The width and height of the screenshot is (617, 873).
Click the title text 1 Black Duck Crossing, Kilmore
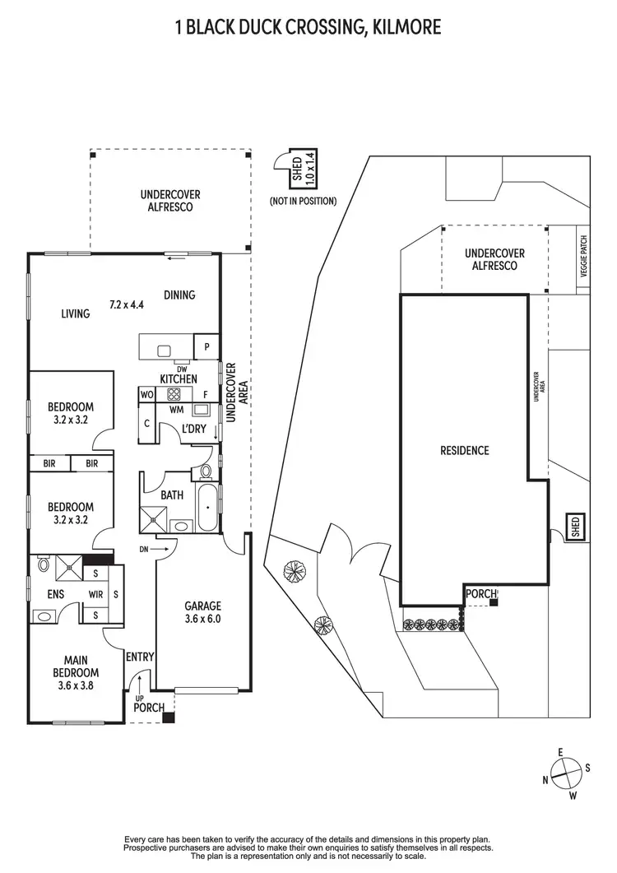[x=308, y=27]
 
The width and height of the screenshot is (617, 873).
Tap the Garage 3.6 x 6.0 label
[x=202, y=614]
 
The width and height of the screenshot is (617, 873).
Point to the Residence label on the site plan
[x=464, y=450]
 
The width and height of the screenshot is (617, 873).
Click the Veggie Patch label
[x=583, y=257]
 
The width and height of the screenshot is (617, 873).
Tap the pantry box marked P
[x=206, y=346]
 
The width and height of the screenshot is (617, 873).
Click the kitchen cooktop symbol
[x=174, y=394]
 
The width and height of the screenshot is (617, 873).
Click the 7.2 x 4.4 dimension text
[x=128, y=304]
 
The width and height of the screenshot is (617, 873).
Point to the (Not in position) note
[x=303, y=201]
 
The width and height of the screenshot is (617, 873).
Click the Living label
[x=75, y=313]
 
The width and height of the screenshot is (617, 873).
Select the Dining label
[x=179, y=295]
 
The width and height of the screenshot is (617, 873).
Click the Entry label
[x=139, y=656]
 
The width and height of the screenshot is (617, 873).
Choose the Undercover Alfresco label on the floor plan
[x=170, y=201]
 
